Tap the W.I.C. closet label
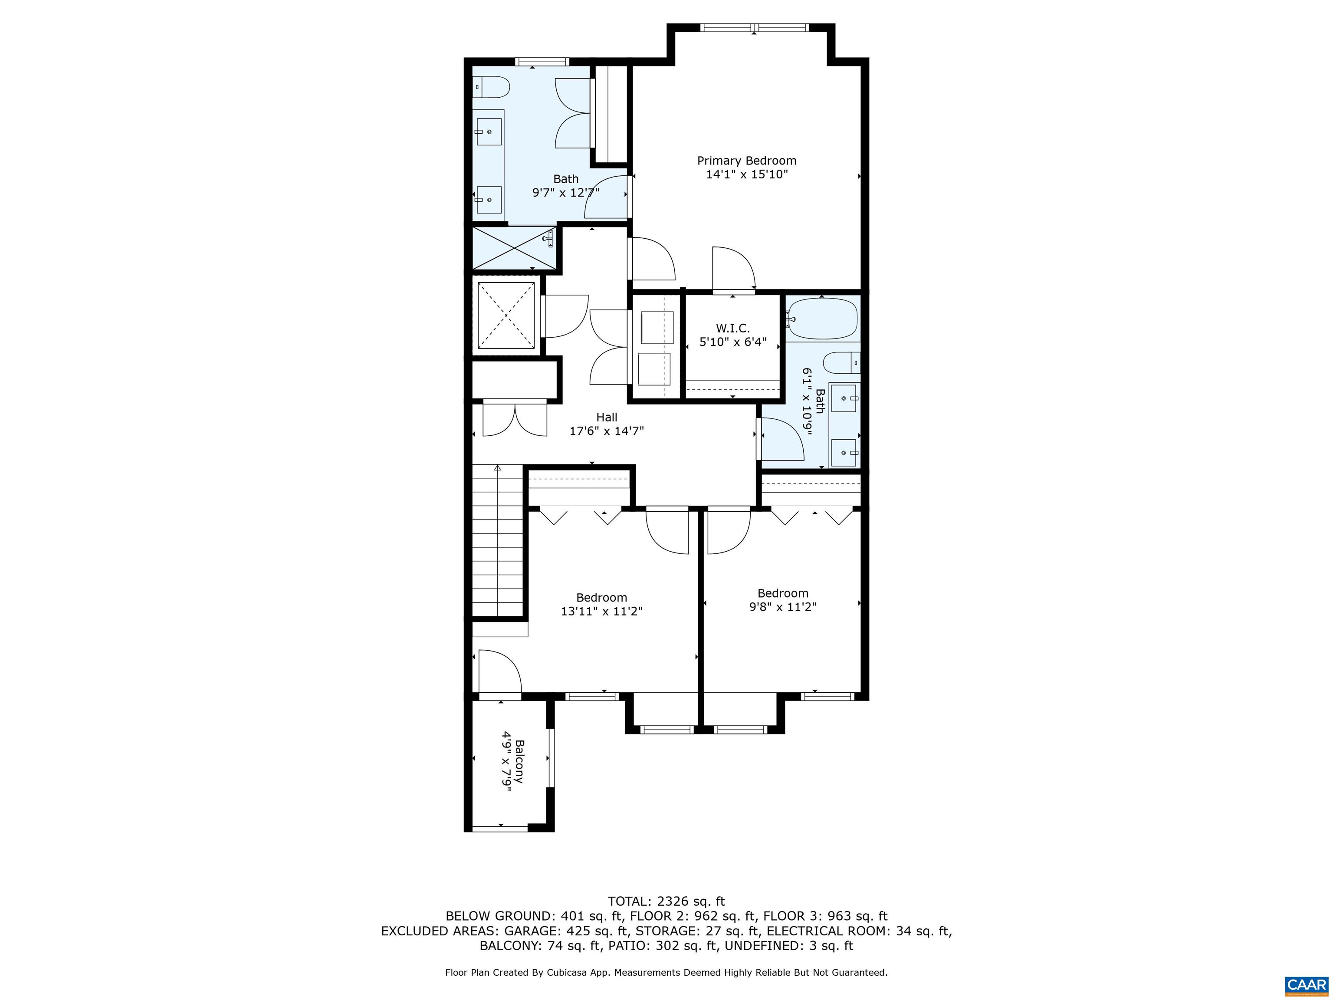click(x=733, y=328)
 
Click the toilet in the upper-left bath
click(x=491, y=87)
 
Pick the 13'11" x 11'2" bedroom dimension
click(x=601, y=611)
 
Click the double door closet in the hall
click(x=515, y=419)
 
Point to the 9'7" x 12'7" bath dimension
click(x=565, y=193)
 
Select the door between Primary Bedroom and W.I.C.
click(x=733, y=270)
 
